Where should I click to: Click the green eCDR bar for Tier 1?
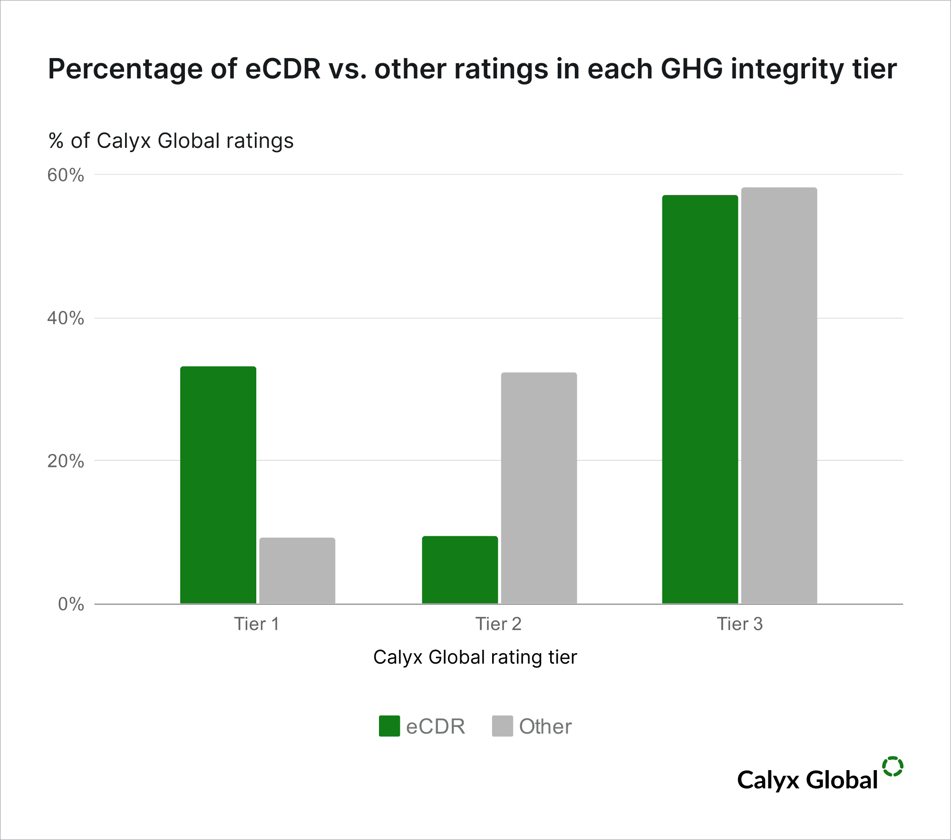point(218,485)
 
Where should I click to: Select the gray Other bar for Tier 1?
point(297,570)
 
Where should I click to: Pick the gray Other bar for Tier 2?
point(539,488)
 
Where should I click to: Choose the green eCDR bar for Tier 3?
point(700,399)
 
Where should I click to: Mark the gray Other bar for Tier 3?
point(779,396)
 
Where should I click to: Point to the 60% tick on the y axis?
point(66,175)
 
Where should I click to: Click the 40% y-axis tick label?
point(66,318)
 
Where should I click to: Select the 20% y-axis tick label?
point(66,461)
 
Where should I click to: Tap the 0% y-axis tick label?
point(71,604)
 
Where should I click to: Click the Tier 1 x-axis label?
point(256,624)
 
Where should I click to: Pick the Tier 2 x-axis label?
point(498,624)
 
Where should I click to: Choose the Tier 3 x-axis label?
point(739,624)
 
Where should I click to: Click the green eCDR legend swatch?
point(389,726)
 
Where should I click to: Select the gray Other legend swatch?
point(503,726)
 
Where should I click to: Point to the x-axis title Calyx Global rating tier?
point(475,657)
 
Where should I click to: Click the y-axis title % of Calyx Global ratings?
point(171,141)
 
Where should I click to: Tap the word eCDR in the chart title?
point(283,69)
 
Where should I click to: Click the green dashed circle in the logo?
point(893,766)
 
